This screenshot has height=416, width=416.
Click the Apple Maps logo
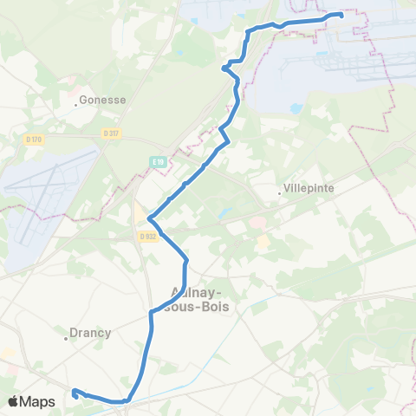click(x=31, y=401)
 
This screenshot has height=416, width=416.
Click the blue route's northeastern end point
click(x=341, y=14)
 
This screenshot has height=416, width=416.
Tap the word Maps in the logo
click(x=39, y=401)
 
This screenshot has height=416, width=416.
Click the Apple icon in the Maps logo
click(x=14, y=401)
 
